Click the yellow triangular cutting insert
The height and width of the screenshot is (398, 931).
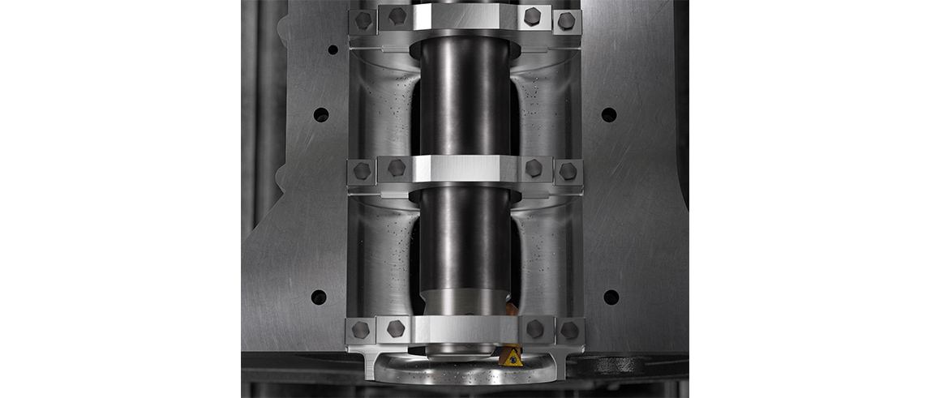tap(511, 356)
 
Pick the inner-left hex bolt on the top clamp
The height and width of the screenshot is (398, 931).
tap(397, 15)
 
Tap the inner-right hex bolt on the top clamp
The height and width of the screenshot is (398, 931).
tap(532, 15)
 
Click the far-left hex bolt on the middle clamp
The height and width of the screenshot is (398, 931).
tap(362, 171)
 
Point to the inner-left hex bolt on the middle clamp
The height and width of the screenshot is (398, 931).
tap(396, 168)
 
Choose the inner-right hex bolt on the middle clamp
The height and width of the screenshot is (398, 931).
tap(533, 168)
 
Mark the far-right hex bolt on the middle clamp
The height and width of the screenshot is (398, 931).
tap(568, 171)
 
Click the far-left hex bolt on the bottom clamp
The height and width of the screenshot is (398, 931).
tap(361, 330)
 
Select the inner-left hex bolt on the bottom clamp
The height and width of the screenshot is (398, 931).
tap(396, 328)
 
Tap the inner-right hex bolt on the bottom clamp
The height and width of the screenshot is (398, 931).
tap(534, 328)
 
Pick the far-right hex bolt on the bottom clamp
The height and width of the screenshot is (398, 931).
tap(569, 330)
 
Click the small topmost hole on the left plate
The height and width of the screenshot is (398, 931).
tap(332, 49)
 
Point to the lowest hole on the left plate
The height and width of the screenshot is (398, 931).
tap(319, 297)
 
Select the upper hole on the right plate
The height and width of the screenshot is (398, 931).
tap(608, 115)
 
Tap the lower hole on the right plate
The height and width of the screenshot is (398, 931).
tap(611, 297)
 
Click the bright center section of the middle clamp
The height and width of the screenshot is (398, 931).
tap(465, 168)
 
